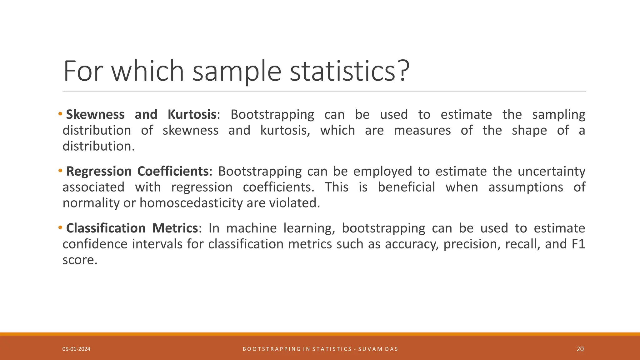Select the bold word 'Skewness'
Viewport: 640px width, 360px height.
[95, 114]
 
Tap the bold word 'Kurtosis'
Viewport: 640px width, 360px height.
[192, 114]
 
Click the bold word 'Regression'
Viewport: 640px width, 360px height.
[99, 171]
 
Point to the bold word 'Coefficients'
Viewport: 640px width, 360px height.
[173, 171]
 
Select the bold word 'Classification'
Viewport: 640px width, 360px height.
[106, 228]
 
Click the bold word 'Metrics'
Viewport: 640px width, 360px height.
[175, 228]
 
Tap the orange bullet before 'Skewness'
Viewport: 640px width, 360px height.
[60, 114]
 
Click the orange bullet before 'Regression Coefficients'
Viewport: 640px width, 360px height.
[60, 171]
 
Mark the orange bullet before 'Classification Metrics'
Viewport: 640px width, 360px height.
[60, 227]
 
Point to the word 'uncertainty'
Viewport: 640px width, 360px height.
[551, 171]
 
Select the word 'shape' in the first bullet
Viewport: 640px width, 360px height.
[529, 130]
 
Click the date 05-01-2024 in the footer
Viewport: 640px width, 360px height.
[76, 349]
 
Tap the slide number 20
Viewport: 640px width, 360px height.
[580, 349]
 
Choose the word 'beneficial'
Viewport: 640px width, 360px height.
[406, 187]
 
